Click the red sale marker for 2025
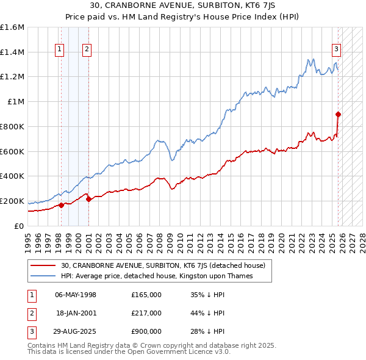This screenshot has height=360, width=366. coord(338,113)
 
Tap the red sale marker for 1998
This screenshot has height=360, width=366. coord(61,205)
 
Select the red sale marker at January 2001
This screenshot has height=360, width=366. coord(88,198)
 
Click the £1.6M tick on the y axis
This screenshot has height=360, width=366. coord(12,27)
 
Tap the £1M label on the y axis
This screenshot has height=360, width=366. coord(16,102)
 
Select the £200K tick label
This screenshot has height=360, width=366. coord(12,201)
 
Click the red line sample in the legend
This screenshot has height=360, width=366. coord(44,265)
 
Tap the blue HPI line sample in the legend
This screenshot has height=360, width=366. coord(44,276)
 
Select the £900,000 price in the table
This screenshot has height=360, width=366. coord(146,331)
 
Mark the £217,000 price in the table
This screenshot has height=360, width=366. coord(146,313)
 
